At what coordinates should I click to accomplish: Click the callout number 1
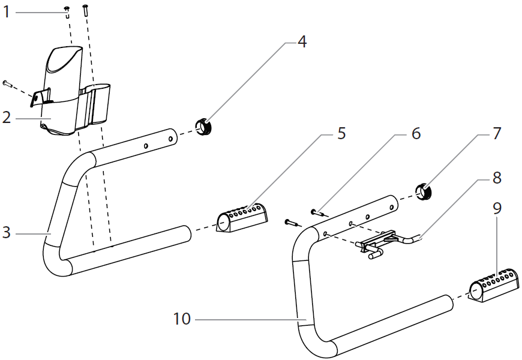tap(7, 11)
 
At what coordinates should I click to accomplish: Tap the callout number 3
tap(7, 232)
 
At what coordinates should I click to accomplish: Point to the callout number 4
tap(302, 42)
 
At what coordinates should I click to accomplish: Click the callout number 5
tap(341, 133)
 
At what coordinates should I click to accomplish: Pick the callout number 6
tap(416, 133)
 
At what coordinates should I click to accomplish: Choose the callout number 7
tap(496, 133)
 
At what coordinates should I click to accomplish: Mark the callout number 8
tap(496, 178)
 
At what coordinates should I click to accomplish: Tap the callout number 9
tap(496, 208)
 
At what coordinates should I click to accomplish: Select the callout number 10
tap(182, 319)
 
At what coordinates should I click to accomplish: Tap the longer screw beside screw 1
tap(86, 9)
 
